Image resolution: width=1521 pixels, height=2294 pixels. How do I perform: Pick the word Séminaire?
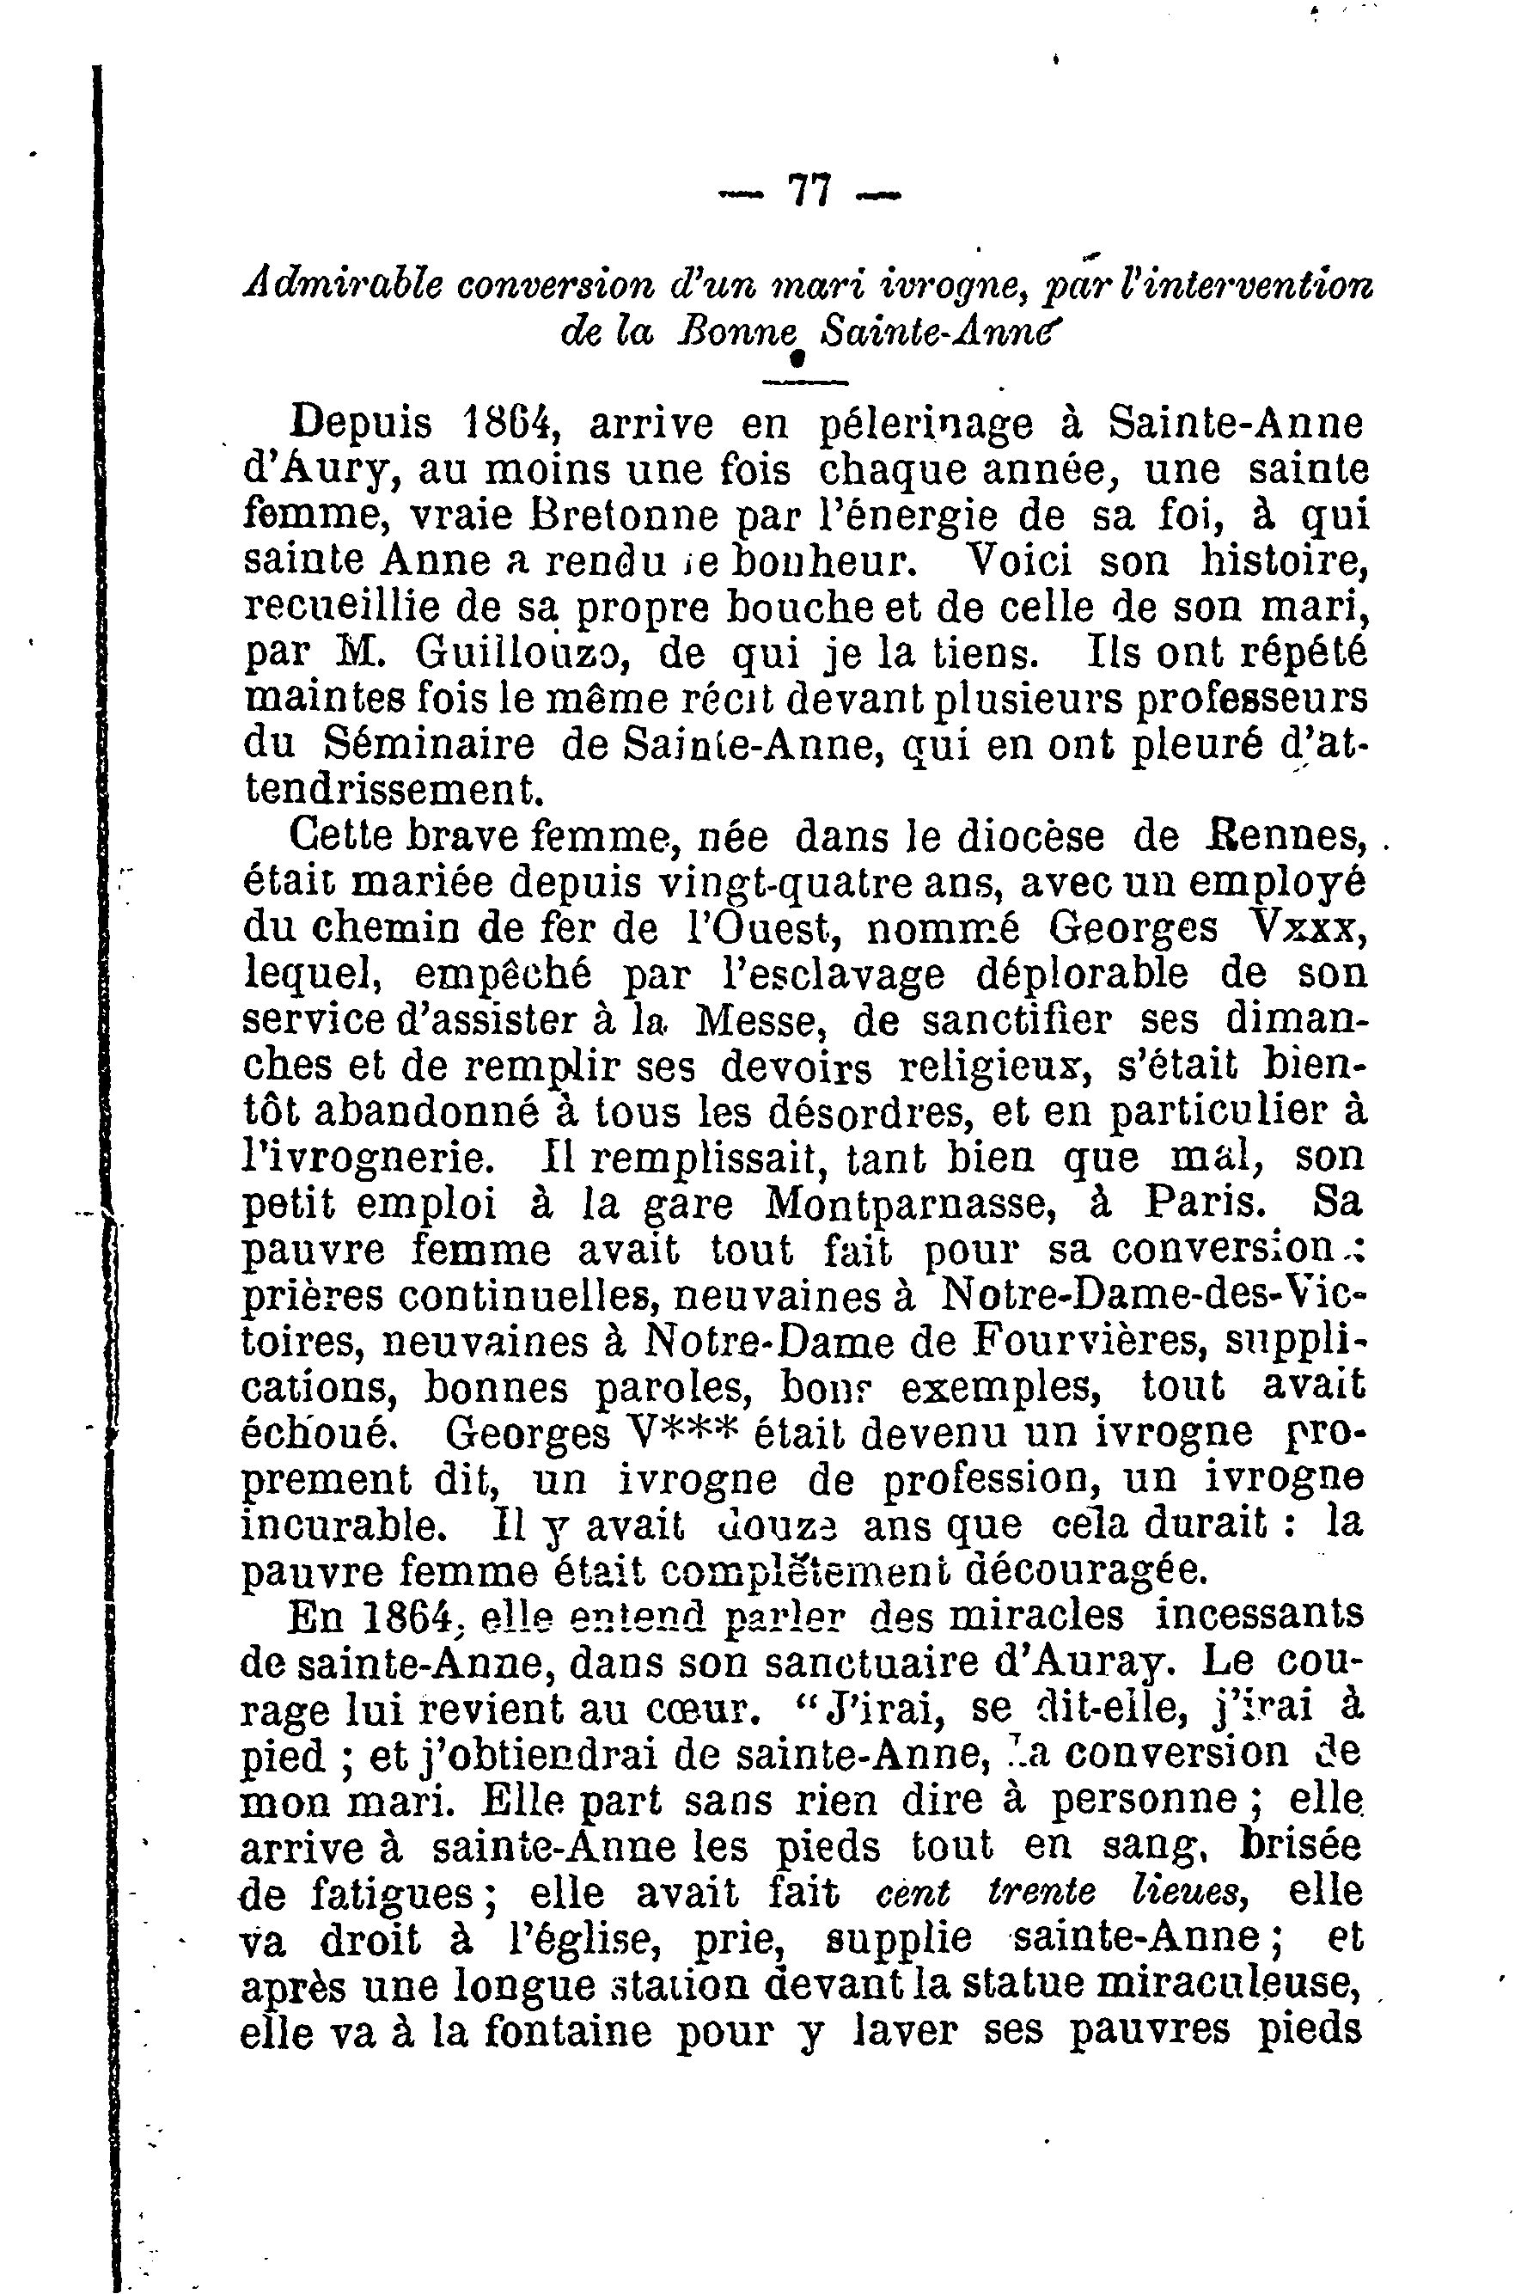click(428, 745)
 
